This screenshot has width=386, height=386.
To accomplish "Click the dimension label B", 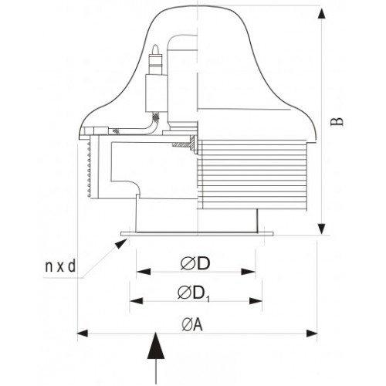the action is point(337,121).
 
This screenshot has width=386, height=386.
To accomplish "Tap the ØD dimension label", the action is point(195,263).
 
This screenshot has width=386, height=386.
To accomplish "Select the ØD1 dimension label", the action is point(194,293).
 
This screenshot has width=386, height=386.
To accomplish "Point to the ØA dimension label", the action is point(192,324).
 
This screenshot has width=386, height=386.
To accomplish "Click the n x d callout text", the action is point(60,266).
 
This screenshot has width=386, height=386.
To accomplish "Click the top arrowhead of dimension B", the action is point(321,13).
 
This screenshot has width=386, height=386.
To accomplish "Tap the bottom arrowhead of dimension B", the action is point(321,229).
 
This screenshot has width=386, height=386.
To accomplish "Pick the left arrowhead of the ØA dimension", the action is point(83,334).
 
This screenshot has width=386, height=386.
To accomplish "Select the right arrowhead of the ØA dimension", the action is point(312,334).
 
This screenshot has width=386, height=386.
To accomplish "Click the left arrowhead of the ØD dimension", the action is point(144,272).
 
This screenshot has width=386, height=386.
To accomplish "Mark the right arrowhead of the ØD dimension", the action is point(249,272).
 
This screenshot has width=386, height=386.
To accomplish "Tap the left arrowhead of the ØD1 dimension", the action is point(137,300).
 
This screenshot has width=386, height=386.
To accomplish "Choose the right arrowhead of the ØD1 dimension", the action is point(256,300).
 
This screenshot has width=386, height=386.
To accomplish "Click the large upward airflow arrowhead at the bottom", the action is point(156,346).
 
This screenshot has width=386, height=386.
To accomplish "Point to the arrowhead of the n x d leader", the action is point(120,243).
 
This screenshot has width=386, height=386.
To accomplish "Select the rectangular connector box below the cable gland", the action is point(156,93).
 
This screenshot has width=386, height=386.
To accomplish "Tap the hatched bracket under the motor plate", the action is point(184,144).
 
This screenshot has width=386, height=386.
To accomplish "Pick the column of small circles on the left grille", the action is point(89,170).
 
